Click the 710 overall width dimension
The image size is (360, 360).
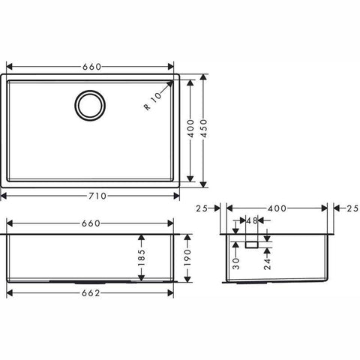click(97, 196)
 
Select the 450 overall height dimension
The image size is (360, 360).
click(204, 128)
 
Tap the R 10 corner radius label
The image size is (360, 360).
click(153, 101)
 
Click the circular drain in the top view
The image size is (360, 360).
click(90, 105)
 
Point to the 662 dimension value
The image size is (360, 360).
click(91, 293)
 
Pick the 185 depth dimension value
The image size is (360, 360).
click(142, 257)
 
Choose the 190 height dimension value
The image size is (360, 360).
click(187, 257)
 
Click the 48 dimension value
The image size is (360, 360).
click(252, 220)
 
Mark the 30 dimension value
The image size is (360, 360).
click(236, 264)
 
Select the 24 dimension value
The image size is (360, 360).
click(267, 264)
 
